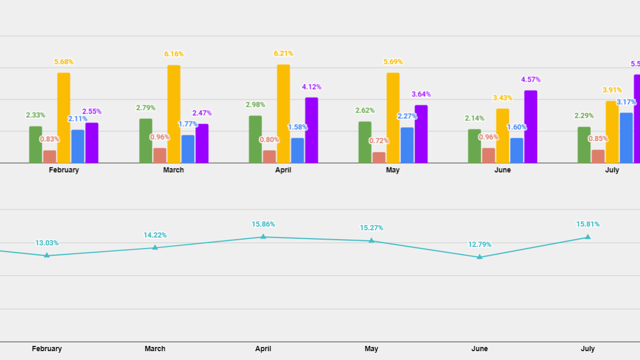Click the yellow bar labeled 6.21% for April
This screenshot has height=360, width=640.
click(283, 114)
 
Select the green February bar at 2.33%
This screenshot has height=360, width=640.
click(36, 144)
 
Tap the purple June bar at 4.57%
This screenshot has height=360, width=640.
click(531, 127)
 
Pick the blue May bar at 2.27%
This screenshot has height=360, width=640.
click(407, 145)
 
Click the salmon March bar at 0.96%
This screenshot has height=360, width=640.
click(160, 156)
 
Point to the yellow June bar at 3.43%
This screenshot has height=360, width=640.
click(503, 136)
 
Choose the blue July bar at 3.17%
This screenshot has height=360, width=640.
click(626, 138)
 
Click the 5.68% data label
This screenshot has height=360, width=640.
click(64, 62)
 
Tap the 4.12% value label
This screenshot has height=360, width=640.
click(312, 87)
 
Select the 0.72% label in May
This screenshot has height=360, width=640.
click(379, 141)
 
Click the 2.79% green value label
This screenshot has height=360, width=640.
click(146, 108)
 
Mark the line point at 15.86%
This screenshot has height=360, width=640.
click(263, 237)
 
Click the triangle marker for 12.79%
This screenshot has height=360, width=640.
click(480, 257)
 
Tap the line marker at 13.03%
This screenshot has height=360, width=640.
click(47, 255)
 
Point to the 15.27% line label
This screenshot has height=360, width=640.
click(372, 228)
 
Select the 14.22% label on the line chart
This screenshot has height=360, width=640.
click(155, 235)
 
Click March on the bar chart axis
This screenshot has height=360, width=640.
click(173, 170)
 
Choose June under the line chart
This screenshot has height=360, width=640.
click(480, 348)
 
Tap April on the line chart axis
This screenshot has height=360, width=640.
click(263, 348)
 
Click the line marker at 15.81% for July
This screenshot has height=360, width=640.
click(588, 237)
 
